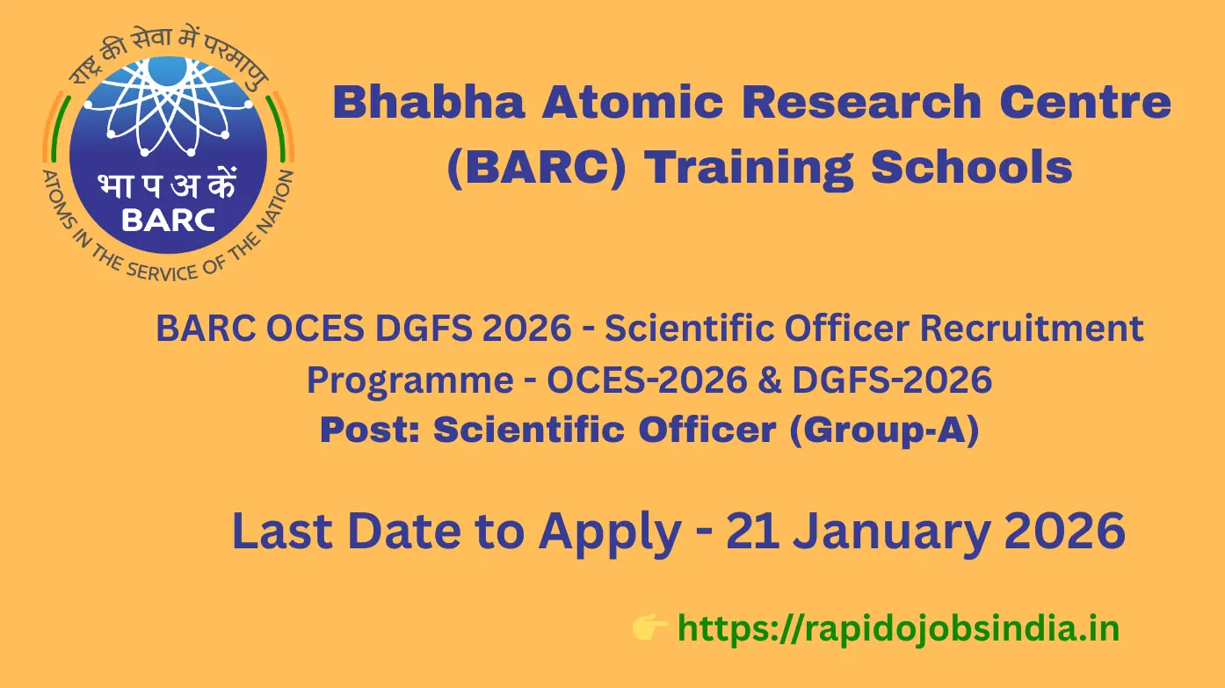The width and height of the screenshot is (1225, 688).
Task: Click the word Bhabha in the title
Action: (430, 102)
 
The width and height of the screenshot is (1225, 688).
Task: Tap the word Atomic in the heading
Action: (633, 102)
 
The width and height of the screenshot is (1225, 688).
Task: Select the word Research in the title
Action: (862, 102)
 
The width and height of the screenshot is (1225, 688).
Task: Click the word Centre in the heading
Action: (1085, 102)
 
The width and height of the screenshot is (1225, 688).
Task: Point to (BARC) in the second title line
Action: (536, 167)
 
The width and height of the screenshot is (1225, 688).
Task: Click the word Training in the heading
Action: (749, 169)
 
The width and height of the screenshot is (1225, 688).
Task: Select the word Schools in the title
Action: (972, 167)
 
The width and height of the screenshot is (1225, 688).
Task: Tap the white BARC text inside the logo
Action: (168, 221)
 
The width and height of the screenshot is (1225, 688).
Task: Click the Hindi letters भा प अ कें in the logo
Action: (167, 184)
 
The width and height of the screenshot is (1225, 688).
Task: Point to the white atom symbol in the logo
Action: (167, 106)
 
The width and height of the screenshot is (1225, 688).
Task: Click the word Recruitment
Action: (1032, 329)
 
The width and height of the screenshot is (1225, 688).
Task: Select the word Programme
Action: (410, 380)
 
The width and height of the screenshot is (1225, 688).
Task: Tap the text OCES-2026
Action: (647, 380)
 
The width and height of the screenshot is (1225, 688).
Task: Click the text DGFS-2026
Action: (892, 380)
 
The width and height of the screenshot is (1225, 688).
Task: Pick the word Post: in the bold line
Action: (370, 430)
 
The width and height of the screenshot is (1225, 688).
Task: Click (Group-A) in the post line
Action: (884, 431)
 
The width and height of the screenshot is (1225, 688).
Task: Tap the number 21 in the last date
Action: (752, 531)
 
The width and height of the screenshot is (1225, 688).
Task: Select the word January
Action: (893, 533)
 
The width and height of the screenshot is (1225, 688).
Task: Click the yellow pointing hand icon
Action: (649, 626)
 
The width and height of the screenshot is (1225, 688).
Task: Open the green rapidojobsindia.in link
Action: (898, 629)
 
